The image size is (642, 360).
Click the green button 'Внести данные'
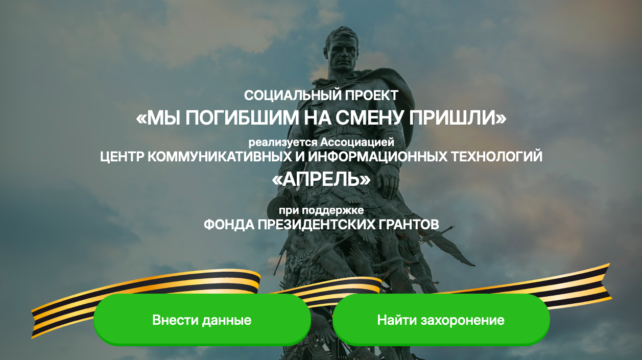coord(202,320)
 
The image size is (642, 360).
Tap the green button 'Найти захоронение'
coord(441,320)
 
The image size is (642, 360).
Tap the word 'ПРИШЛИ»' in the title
coord(458,118)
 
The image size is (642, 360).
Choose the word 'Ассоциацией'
coord(358,142)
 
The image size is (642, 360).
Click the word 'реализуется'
coord(283,142)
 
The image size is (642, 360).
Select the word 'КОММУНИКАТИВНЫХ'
coord(219,157)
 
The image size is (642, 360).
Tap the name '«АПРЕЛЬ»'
coord(321,179)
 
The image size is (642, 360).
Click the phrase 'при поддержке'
coord(321,211)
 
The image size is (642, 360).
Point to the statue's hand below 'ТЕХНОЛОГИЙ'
coord(387,181)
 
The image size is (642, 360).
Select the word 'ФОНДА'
coord(229,225)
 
